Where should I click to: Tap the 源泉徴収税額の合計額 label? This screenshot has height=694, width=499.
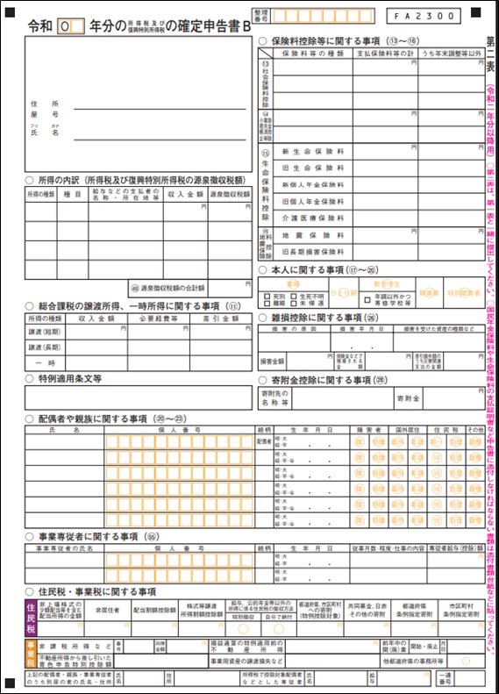(167, 287)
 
